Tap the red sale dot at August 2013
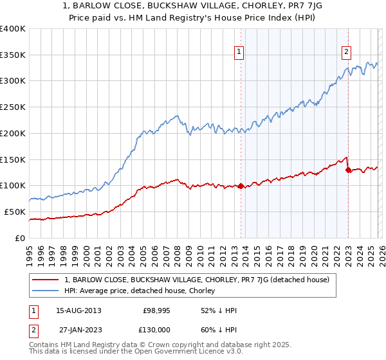point(241,186)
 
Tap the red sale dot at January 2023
point(348,170)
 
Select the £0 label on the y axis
point(20,238)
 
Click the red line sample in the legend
point(46,280)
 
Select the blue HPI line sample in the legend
point(46,291)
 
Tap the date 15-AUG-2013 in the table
point(74,310)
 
